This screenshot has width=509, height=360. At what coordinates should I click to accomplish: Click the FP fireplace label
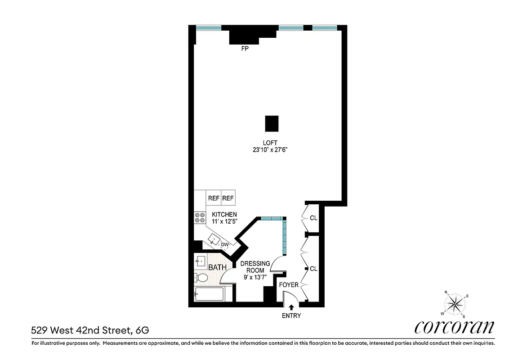245,49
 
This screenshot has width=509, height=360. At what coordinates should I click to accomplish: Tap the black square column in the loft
272,123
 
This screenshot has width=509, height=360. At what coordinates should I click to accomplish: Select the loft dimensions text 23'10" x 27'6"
269,150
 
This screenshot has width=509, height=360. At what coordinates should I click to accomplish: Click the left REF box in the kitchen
213,198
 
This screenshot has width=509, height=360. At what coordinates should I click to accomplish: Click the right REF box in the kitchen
228,198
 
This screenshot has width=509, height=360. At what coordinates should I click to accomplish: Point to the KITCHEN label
224,214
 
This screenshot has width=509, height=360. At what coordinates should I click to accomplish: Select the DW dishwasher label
225,245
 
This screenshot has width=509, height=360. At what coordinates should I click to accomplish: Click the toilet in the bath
201,278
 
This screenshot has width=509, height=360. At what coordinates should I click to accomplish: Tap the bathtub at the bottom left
209,295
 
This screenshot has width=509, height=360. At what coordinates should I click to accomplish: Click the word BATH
217,267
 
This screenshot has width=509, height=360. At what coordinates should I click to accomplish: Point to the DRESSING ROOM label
255,267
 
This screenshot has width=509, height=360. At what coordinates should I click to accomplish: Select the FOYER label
289,285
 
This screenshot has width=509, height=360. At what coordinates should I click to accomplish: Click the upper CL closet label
313,218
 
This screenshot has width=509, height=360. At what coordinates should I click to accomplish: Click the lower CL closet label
313,269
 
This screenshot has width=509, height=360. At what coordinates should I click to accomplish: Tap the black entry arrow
291,307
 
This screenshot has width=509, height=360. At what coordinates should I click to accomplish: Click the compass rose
455,304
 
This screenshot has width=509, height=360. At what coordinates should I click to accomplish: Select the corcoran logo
454,327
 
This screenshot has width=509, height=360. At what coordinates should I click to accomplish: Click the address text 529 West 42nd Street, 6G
90,330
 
